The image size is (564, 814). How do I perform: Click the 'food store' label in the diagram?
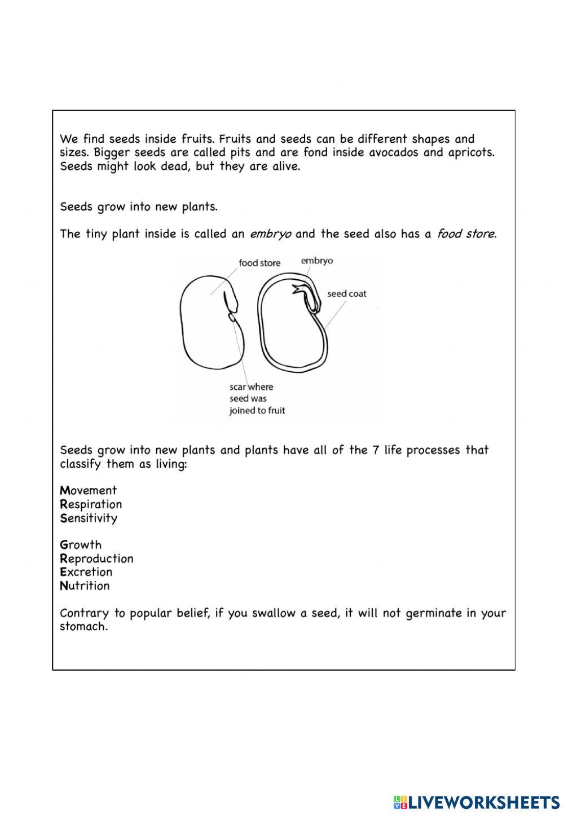coord(259,263)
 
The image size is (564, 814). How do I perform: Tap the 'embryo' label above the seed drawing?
coord(316,261)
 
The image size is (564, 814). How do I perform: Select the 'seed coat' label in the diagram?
coord(347,294)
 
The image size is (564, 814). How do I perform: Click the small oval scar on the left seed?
coord(232,319)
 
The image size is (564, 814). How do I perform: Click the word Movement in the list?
coord(89,490)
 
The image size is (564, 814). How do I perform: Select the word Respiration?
coord(91,504)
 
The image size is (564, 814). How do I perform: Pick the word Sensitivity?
coord(89,518)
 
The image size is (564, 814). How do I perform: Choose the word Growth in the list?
coord(81,545)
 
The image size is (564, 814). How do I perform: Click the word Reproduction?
coord(96,558)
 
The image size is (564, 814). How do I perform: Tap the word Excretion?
coord(86,572)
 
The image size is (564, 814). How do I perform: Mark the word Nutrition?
coord(85,586)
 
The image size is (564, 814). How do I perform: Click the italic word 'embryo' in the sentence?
coord(270,234)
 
